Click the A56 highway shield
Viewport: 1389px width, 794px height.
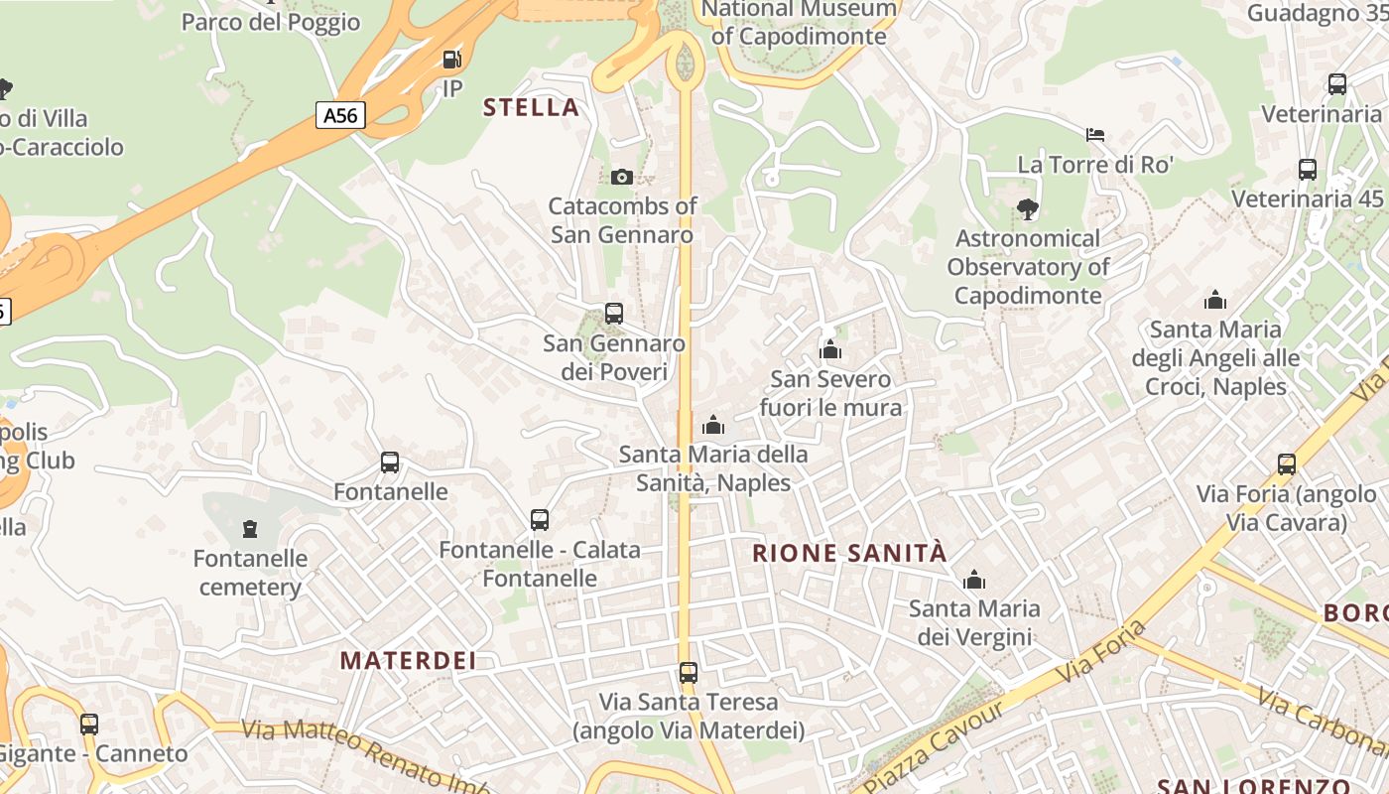pos(339,115)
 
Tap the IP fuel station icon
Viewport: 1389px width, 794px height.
pos(452,61)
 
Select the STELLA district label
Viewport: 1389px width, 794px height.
pos(531,107)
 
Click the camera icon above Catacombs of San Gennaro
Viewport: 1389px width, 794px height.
pos(622,177)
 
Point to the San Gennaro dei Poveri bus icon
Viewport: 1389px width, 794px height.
pos(614,314)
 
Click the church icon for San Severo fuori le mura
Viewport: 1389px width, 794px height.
pos(830,349)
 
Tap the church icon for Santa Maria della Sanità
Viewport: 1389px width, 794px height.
pos(713,426)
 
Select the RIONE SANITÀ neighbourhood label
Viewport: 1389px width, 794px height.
pos(850,554)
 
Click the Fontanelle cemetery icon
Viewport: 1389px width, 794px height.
pos(249,529)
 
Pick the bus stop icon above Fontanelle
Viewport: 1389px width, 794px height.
pos(390,463)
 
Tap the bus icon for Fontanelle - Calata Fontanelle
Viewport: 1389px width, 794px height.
pos(540,520)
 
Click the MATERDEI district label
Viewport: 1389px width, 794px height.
pos(408,660)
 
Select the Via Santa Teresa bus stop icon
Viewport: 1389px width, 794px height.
pos(689,673)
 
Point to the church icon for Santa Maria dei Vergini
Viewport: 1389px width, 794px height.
pos(974,580)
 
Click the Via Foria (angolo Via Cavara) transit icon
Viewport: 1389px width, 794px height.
pos(1287,463)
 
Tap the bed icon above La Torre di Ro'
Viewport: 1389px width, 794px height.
pos(1095,134)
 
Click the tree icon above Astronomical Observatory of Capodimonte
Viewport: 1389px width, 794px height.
pos(1028,208)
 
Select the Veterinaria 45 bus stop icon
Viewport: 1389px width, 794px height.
pos(1308,170)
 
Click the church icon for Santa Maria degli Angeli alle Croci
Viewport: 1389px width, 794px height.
pos(1215,300)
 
